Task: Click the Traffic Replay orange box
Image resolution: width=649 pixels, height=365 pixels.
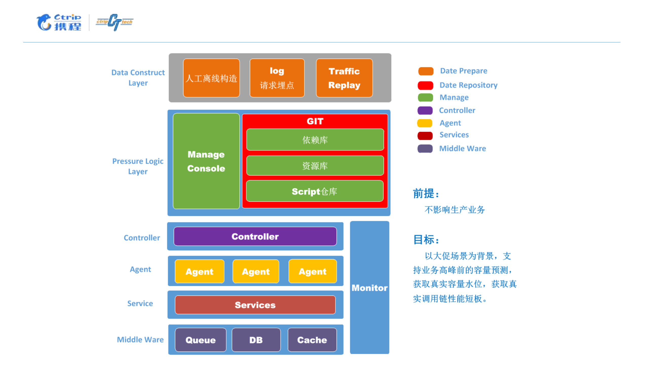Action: [x=344, y=78]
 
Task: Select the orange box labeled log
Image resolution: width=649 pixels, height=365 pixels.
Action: [x=277, y=78]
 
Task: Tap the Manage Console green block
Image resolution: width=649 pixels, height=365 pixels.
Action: [x=206, y=161]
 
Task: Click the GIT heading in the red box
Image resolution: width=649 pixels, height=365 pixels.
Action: [x=315, y=121]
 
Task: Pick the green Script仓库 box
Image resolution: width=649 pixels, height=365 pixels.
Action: [x=314, y=191]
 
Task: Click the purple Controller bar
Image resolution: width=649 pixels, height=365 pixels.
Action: [x=255, y=236]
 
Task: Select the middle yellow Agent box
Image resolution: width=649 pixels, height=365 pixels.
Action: [x=255, y=271]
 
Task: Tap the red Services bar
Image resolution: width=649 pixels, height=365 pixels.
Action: [x=255, y=305]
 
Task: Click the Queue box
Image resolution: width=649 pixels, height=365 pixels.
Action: [x=200, y=340]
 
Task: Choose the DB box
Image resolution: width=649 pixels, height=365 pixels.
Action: [x=256, y=340]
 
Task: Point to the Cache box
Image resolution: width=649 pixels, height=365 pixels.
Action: [x=312, y=340]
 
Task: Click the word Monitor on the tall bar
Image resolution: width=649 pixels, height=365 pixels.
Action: [x=369, y=288]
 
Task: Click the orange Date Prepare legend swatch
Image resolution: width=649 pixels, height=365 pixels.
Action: [x=426, y=71]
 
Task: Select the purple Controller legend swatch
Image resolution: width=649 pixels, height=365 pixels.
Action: [x=425, y=110]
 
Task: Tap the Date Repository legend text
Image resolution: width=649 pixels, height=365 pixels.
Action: [x=468, y=85]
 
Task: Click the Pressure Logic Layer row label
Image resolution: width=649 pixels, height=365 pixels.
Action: [x=138, y=166]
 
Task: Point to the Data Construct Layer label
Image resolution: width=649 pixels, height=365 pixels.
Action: [x=138, y=78]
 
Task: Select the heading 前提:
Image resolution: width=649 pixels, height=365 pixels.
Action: [x=426, y=194]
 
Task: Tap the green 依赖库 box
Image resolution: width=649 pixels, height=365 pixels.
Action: [x=315, y=140]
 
